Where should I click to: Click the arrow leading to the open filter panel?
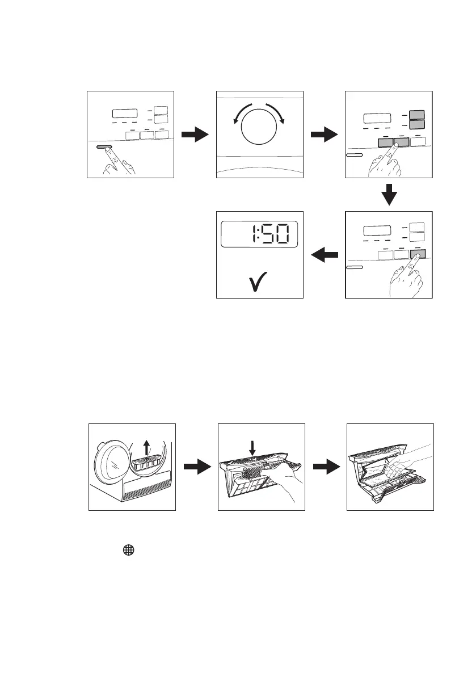click(326, 467)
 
